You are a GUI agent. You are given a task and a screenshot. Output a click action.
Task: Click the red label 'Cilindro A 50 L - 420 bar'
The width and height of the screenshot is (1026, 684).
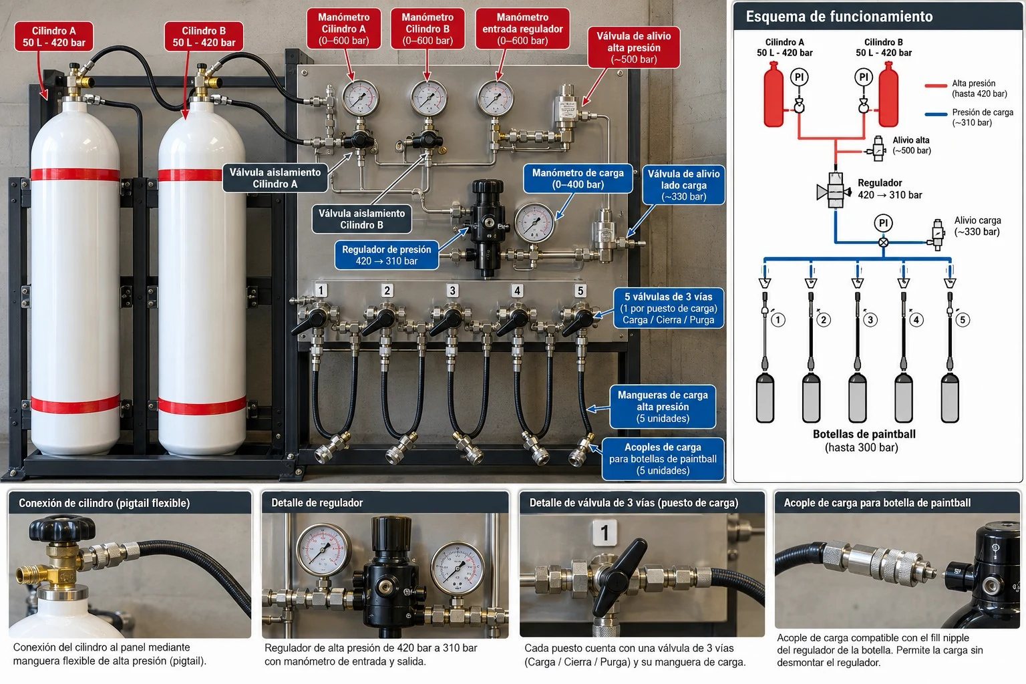[x=54, y=37]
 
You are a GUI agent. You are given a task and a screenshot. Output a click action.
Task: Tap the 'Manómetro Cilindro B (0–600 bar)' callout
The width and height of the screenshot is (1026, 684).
[x=427, y=29]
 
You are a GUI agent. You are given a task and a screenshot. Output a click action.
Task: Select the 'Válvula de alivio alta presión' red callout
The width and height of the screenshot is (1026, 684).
[x=633, y=47]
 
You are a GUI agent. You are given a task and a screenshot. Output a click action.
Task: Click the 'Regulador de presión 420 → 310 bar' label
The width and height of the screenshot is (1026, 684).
[x=387, y=255]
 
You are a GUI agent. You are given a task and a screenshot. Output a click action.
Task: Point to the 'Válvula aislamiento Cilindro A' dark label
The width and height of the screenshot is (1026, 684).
[x=275, y=178]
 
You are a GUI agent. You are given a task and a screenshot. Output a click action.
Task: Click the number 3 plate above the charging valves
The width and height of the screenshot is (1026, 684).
[x=452, y=291]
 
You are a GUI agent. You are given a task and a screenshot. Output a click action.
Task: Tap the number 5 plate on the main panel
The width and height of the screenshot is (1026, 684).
[x=580, y=291]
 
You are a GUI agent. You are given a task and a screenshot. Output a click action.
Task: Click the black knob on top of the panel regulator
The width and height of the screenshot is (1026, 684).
[x=488, y=186]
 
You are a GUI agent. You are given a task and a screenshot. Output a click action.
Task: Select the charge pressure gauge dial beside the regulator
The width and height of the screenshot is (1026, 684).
[x=534, y=223]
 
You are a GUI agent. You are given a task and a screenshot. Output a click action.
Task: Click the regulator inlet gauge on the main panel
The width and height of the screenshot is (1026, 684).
[x=495, y=98]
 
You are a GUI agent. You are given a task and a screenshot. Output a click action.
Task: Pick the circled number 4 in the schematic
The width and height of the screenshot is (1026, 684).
[x=916, y=320]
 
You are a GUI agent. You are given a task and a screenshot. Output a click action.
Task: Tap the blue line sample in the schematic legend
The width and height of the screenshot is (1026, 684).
[x=936, y=114]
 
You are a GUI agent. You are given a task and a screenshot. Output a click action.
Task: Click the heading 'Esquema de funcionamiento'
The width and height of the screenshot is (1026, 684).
[x=839, y=17]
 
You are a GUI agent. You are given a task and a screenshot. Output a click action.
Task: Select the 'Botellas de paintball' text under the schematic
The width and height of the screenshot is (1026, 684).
[x=864, y=434]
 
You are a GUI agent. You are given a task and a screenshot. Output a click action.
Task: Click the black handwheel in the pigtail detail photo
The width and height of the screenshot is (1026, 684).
[x=63, y=527]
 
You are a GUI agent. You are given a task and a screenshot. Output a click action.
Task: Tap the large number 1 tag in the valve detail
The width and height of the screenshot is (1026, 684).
[x=605, y=532]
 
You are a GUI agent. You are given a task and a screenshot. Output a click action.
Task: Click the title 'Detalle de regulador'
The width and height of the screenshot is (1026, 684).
[x=317, y=502]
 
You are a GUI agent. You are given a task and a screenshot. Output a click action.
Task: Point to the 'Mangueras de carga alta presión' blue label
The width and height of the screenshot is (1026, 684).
[x=663, y=406]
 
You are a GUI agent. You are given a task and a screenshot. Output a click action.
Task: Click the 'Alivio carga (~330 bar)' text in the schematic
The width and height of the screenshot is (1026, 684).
[x=977, y=226]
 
